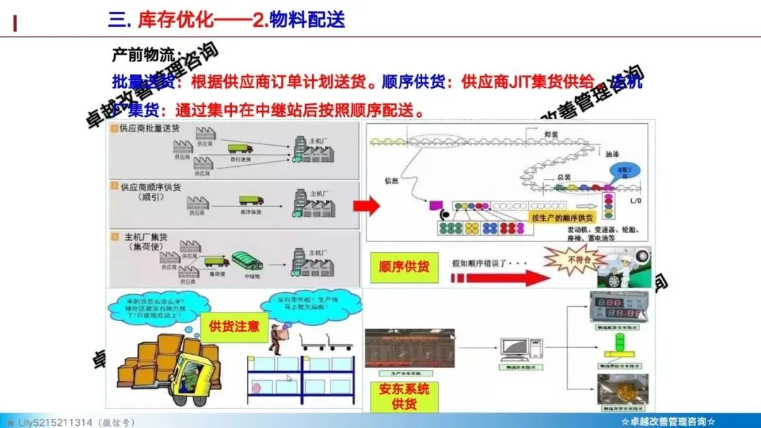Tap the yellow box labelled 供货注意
tap(235, 327)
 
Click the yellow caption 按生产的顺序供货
tap(563, 217)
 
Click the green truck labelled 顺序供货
tap(251, 201)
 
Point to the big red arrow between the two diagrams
tap(366, 206)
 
